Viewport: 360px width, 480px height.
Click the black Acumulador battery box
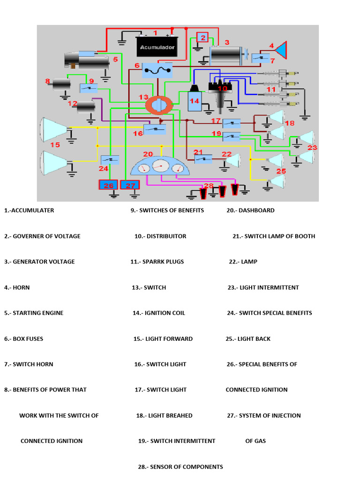click(x=157, y=46)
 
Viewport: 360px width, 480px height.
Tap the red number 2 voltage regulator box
click(x=202, y=37)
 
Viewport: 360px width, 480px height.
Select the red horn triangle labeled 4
click(x=281, y=48)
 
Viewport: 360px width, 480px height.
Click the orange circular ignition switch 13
click(x=157, y=104)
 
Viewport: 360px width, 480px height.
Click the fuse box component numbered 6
click(x=157, y=71)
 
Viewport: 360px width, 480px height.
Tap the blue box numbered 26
click(x=109, y=185)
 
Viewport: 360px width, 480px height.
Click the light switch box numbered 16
click(x=155, y=129)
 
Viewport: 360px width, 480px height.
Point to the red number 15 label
click(x=55, y=145)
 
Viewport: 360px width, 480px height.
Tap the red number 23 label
click(x=312, y=147)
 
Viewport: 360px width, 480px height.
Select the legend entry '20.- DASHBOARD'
click(x=250, y=210)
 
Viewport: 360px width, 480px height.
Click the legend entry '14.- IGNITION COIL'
click(x=159, y=313)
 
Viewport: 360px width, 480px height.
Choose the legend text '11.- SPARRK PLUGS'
click(x=157, y=262)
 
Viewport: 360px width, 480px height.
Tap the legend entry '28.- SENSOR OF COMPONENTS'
click(x=180, y=467)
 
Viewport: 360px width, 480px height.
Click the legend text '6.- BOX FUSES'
click(x=23, y=339)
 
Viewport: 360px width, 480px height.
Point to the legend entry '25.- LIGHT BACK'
click(x=248, y=339)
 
